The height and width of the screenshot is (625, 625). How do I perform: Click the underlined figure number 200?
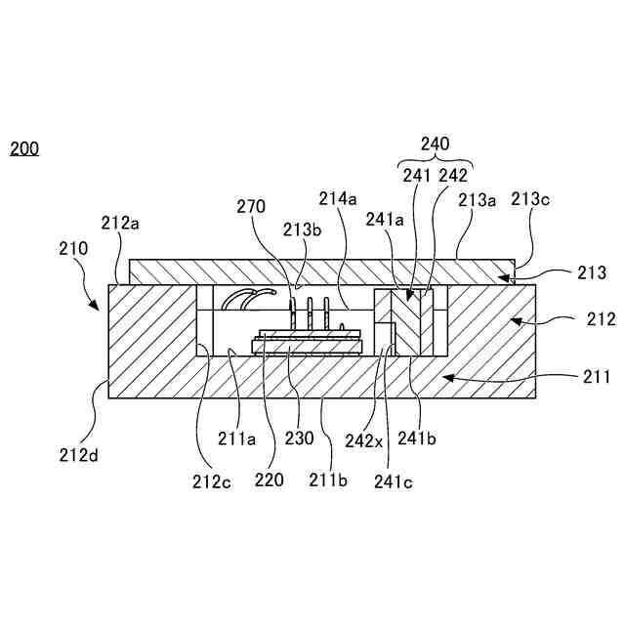pos(24,149)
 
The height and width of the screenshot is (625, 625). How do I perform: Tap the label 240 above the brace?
pos(435,145)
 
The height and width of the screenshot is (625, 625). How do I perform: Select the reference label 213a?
pos(478,200)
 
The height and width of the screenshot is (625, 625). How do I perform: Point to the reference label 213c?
pos(530,200)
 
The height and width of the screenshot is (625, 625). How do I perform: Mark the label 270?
pos(251,206)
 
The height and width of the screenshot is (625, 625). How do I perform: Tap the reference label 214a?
pos(337,198)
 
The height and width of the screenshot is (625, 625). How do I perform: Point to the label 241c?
pos(393,479)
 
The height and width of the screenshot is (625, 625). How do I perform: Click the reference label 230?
pos(299,438)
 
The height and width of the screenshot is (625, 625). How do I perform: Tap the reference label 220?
pos(270,479)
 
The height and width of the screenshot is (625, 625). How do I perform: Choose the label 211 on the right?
pos(597,376)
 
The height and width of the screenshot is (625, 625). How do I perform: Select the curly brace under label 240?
pos(435,161)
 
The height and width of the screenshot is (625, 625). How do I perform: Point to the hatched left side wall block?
pos(151,332)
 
